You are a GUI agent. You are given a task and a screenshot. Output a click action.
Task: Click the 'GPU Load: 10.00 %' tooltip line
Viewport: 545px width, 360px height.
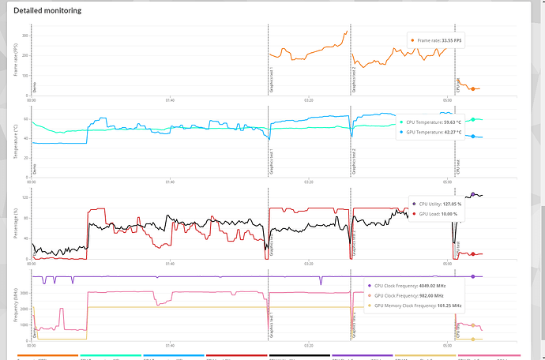434,214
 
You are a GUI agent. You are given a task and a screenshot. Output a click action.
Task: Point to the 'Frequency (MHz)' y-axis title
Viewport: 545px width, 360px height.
16,306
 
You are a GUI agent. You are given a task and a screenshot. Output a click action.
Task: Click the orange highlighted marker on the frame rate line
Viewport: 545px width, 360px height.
472,89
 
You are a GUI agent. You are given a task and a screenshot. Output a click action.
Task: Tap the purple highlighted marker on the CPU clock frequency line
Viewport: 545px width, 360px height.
472,276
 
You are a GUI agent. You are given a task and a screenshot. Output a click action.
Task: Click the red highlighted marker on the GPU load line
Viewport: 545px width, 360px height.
472,254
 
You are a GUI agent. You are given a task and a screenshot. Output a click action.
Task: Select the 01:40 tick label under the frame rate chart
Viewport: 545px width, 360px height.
170,100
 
